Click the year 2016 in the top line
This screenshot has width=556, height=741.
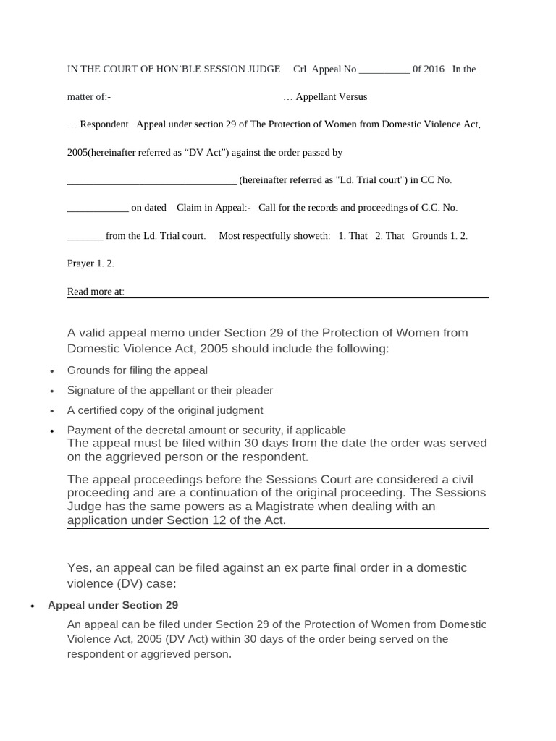tap(434, 69)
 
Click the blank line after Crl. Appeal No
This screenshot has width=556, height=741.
tap(384, 71)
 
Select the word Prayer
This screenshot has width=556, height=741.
tap(80, 263)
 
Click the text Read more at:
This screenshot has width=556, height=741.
tap(96, 292)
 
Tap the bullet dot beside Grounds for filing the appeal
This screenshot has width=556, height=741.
tap(51, 371)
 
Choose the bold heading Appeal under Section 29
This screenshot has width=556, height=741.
tap(112, 605)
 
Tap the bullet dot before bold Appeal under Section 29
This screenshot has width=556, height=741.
tap(32, 606)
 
